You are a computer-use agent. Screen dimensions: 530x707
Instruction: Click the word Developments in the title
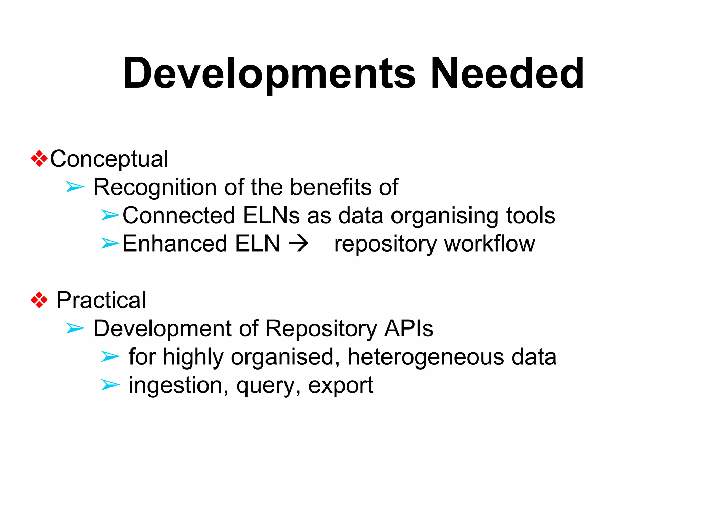click(x=269, y=74)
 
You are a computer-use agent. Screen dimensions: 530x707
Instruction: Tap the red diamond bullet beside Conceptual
click(x=39, y=159)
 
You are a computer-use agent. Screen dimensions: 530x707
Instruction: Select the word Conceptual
click(x=109, y=159)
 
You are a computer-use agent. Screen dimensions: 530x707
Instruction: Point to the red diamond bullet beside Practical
click(x=39, y=300)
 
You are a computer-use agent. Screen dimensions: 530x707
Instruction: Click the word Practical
click(x=101, y=300)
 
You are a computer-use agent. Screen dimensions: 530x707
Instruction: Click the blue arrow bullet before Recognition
click(x=75, y=187)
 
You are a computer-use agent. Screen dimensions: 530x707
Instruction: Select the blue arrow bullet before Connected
click(x=110, y=215)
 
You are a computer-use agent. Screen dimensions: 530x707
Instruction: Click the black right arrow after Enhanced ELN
click(x=299, y=244)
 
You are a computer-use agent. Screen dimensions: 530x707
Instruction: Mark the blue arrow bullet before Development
click(x=75, y=328)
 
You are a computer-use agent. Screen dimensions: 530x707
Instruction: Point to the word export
click(x=340, y=385)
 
